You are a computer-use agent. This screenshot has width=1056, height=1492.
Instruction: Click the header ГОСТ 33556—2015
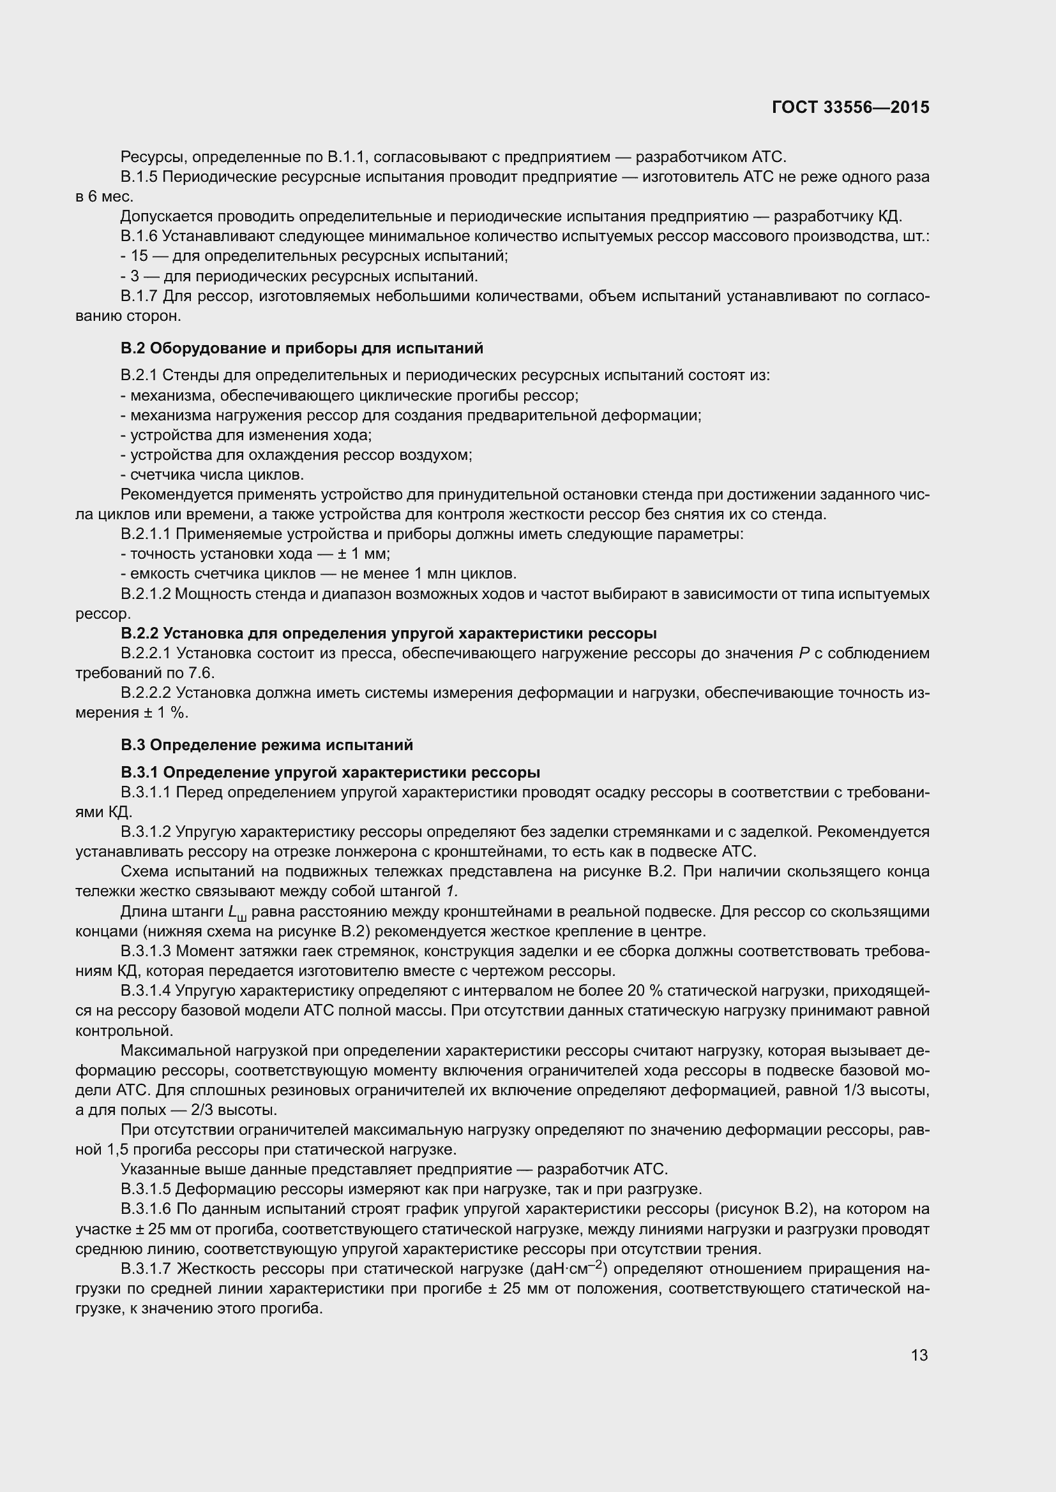[x=850, y=108]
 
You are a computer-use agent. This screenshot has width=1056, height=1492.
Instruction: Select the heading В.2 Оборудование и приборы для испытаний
[x=302, y=348]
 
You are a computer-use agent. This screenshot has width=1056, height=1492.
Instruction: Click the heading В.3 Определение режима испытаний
[x=267, y=744]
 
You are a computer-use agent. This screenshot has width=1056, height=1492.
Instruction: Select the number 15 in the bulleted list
[x=139, y=256]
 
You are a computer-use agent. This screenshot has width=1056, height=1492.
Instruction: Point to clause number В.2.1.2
[x=146, y=594]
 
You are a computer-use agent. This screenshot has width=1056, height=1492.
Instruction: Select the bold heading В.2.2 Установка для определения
[x=388, y=633]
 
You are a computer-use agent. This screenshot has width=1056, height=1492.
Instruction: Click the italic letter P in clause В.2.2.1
[x=804, y=654]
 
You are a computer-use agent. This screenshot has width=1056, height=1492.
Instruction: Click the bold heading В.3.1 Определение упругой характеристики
[x=330, y=772]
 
